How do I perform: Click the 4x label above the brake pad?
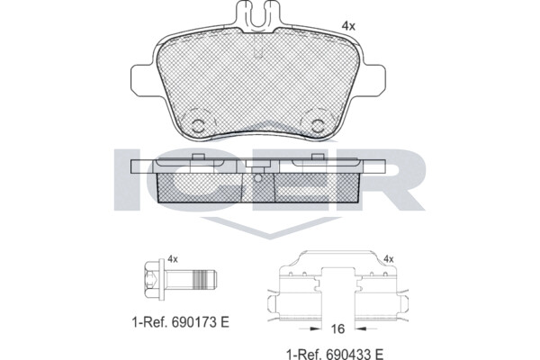[x=347, y=26]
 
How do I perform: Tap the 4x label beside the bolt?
[x=173, y=259]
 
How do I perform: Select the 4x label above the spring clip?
[x=389, y=259]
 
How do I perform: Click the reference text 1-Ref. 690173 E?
[x=181, y=322]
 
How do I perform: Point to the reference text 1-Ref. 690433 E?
[x=335, y=354]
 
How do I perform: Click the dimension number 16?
[x=337, y=329]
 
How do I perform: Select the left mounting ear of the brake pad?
[x=142, y=81]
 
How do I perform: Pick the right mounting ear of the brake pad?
[x=374, y=81]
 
